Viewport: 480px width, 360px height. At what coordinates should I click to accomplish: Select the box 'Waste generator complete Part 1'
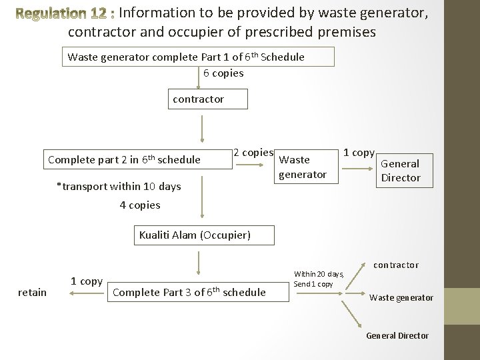point(197,57)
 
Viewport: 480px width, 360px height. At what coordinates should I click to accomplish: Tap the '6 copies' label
point(223,73)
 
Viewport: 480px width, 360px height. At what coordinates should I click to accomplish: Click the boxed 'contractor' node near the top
point(199,99)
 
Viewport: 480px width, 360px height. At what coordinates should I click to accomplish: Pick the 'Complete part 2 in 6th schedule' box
point(125,159)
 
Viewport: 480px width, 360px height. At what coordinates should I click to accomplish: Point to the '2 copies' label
point(253,153)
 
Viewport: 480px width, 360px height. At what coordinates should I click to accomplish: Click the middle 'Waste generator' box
point(302,167)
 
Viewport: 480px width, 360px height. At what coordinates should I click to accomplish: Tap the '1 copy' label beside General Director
point(359,153)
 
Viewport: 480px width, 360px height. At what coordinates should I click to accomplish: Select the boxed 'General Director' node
point(400,170)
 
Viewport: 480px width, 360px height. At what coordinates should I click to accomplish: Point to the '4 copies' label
point(140,205)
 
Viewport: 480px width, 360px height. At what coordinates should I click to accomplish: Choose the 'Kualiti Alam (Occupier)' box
point(195,235)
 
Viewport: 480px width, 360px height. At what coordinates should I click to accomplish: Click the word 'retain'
point(32,292)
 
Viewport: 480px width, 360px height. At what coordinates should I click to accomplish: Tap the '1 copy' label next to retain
point(87,281)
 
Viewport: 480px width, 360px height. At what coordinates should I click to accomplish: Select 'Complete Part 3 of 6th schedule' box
point(189,291)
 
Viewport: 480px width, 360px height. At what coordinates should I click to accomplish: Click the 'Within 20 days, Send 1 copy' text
point(319,279)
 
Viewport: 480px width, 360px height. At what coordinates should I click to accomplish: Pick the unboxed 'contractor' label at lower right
point(395,265)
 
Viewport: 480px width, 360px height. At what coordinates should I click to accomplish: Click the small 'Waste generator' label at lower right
point(401,297)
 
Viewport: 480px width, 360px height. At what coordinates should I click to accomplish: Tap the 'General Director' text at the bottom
point(397,335)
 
